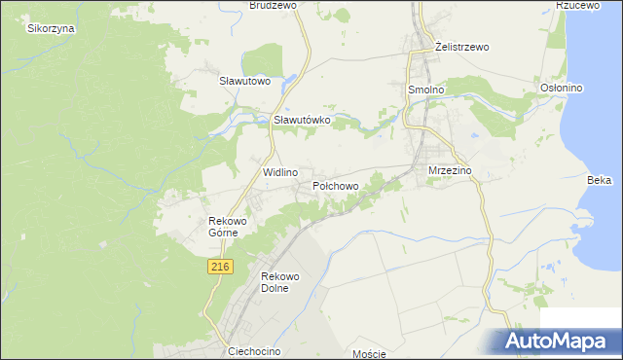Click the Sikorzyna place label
(x=52, y=28)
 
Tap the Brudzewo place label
(x=273, y=5)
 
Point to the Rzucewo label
(x=575, y=5)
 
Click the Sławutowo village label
(x=244, y=81)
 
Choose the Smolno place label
(x=424, y=89)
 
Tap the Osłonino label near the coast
(x=561, y=88)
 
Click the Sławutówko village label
(x=303, y=120)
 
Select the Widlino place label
(x=280, y=171)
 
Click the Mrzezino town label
(x=450, y=170)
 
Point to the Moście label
(x=369, y=353)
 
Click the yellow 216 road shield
(x=220, y=266)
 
